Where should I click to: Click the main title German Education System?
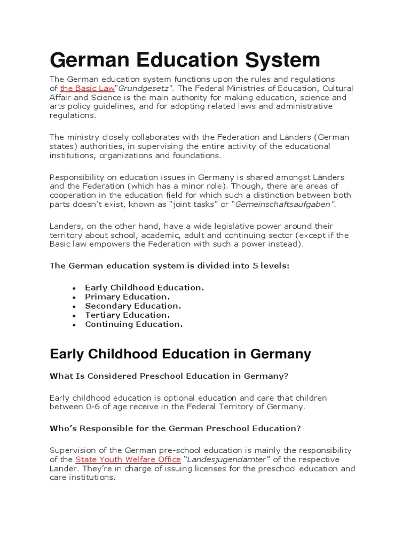point(185,59)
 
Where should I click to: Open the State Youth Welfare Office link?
point(128,459)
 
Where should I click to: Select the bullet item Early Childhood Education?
point(144,287)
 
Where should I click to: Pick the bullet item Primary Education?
point(127,296)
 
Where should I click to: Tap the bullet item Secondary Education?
point(133,306)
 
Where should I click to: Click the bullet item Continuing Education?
point(133,324)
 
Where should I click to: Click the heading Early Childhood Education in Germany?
point(180,354)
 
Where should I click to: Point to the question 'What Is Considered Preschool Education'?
point(169,376)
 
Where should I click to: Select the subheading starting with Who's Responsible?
point(175,428)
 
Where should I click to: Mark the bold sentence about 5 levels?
point(169,265)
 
